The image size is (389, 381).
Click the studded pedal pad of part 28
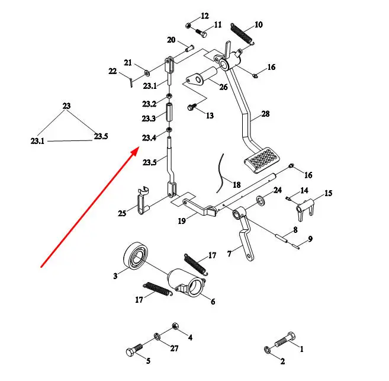point(260,159)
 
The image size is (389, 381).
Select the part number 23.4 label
point(149,138)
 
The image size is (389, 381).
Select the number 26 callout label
point(223,87)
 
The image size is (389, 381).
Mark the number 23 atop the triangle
point(66,106)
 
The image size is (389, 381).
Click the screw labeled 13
point(192,107)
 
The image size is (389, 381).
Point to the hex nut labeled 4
point(176,326)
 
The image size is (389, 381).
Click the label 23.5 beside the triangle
point(101,137)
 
